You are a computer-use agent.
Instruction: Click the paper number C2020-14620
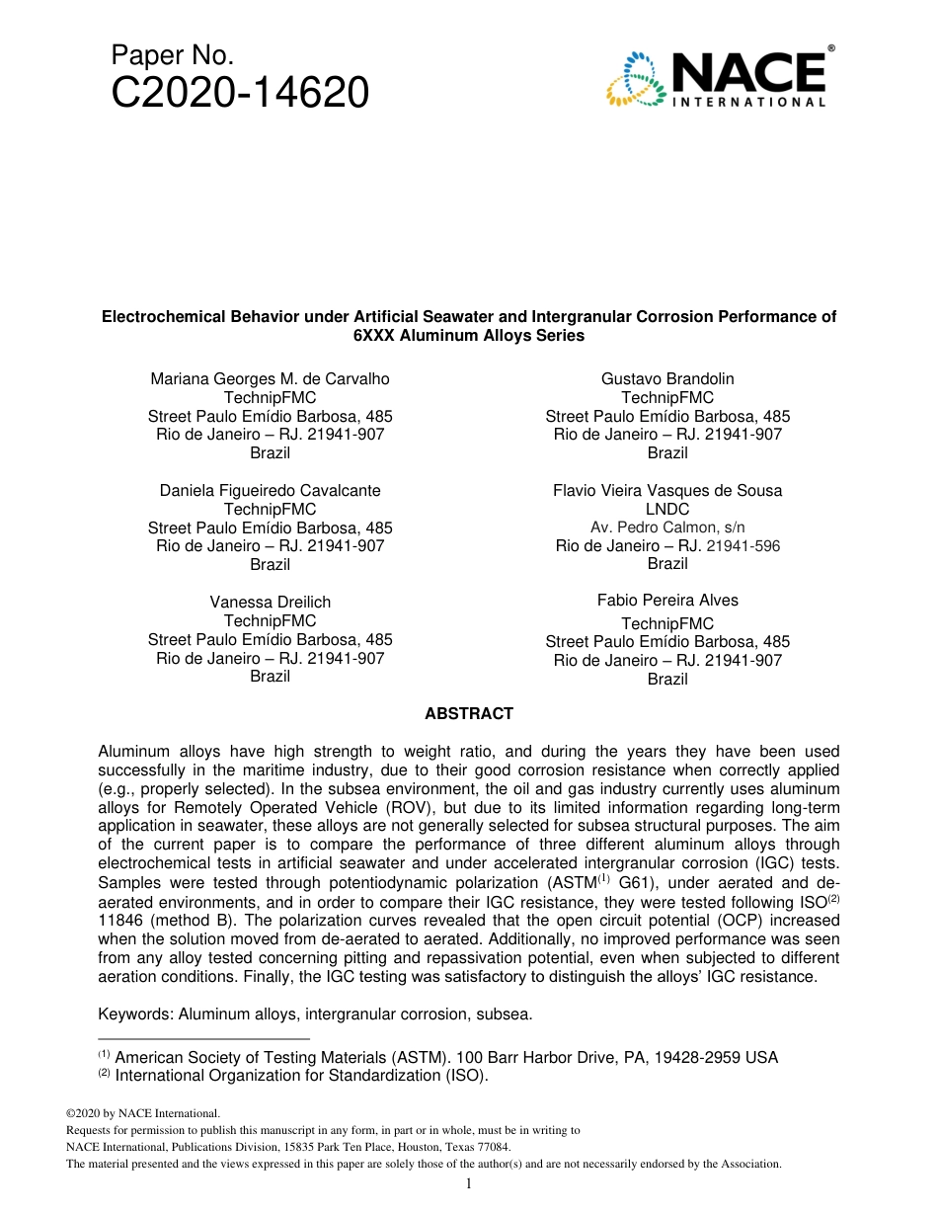tap(240, 94)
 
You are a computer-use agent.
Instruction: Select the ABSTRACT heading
tap(469, 713)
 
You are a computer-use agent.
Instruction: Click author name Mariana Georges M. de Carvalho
tap(270, 379)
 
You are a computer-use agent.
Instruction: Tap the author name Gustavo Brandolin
tap(667, 379)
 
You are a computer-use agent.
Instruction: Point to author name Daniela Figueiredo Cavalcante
tap(270, 491)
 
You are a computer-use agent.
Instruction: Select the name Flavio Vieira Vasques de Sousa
tap(667, 491)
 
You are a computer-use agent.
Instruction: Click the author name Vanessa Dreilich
tap(270, 603)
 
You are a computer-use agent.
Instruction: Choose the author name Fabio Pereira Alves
tap(667, 601)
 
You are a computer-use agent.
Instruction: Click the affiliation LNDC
tap(667, 510)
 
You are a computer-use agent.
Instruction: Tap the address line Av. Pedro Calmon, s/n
tap(667, 527)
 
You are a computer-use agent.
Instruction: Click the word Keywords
tap(134, 1014)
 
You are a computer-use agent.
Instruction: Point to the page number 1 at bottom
tap(469, 1183)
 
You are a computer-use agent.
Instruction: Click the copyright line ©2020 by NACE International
tap(135, 1113)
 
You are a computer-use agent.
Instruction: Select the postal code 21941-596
tap(743, 546)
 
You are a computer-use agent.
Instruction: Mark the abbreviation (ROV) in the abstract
tap(396, 807)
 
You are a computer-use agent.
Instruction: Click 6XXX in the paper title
tap(373, 336)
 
